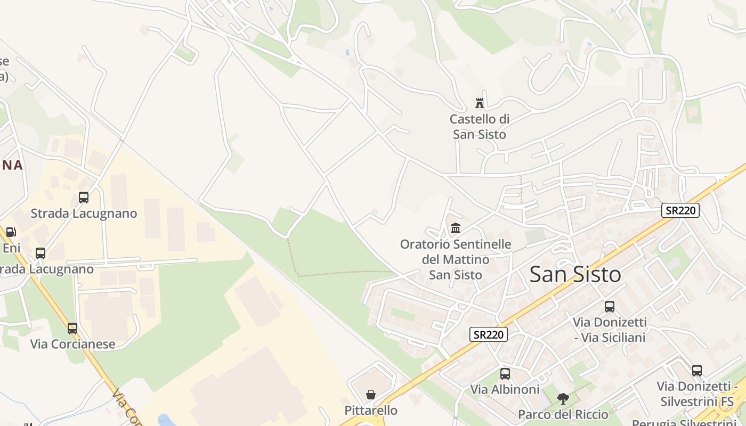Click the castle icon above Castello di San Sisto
480,103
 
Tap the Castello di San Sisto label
480,127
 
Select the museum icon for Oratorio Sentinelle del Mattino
456,228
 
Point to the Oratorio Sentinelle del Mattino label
456,260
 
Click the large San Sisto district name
575,275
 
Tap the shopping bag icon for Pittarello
371,395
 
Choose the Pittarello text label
371,411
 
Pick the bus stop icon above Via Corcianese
72,329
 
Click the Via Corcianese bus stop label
72,344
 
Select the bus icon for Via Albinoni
505,374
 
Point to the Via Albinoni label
505,390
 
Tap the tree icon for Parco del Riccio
563,398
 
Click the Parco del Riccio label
563,414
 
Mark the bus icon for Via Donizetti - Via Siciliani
610,307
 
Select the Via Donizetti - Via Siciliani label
610,330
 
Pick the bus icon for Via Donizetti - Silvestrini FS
697,371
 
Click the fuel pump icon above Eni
11,232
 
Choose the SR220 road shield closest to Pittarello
488,334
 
